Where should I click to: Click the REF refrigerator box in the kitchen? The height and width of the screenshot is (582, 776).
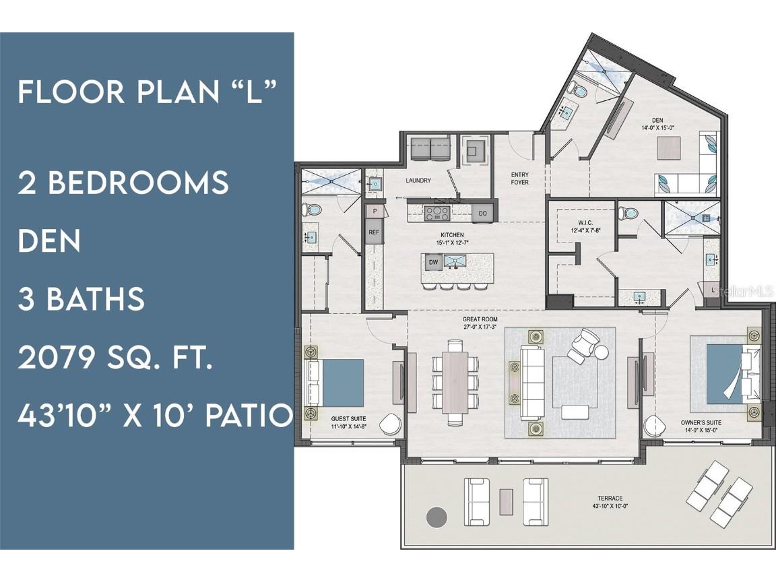pos(374,232)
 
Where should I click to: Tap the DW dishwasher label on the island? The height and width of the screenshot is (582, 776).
pos(433,261)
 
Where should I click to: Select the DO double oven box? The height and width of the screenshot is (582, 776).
pos(482,213)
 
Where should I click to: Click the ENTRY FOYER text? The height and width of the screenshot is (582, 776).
pos(519,179)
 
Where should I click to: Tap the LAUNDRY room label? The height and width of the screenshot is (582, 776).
pos(418,181)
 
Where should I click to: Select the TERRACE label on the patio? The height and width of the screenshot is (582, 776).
pos(607,498)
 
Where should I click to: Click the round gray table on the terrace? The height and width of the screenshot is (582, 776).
pos(437,517)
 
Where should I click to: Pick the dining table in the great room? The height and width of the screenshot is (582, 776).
pos(455,382)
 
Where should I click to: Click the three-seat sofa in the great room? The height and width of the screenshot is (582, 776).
pos(531,382)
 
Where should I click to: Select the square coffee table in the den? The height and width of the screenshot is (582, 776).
pos(668,148)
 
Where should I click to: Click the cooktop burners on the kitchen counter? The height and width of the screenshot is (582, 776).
pos(437,214)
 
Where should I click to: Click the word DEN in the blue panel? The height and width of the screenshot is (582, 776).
pos(49,240)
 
